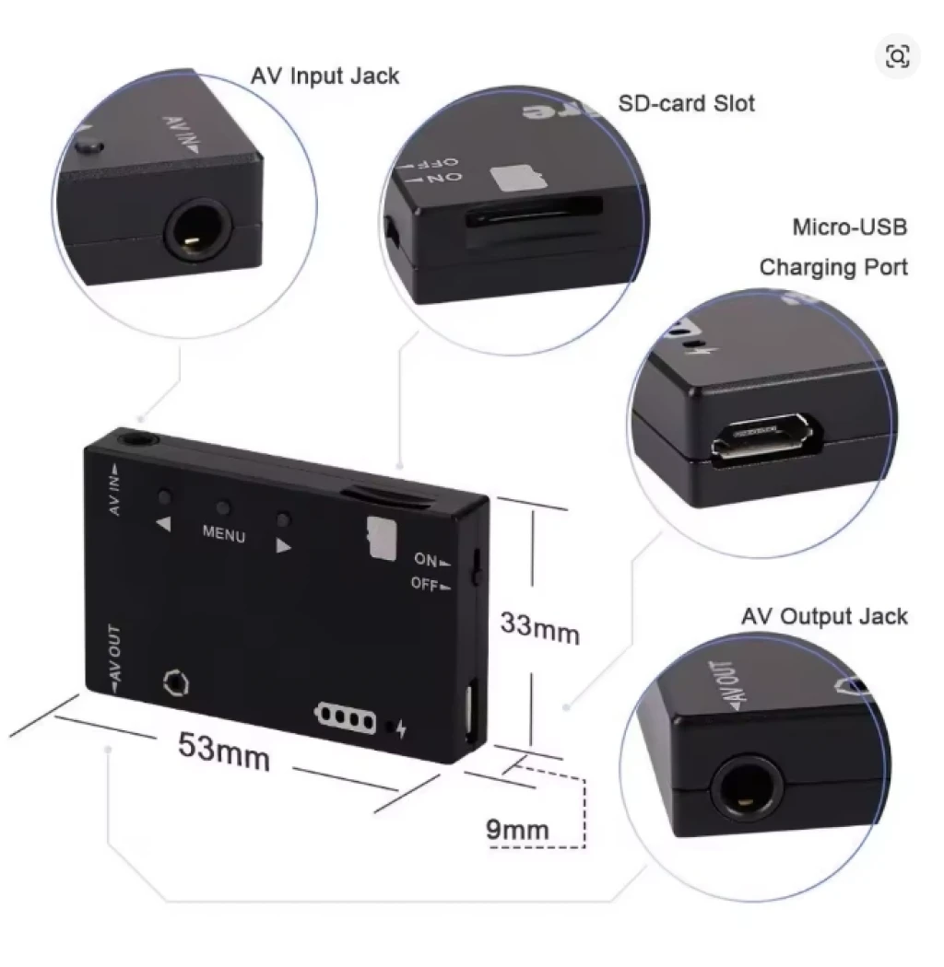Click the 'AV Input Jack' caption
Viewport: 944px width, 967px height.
(325, 76)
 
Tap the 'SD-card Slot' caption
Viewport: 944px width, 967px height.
(686, 103)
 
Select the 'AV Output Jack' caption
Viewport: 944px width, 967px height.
(824, 616)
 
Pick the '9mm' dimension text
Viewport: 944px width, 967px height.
(517, 830)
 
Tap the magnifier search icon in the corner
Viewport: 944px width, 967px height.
(897, 56)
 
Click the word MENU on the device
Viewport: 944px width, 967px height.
(224, 533)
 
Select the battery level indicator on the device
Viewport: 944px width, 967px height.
(347, 717)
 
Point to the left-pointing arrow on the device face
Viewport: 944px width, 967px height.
(163, 524)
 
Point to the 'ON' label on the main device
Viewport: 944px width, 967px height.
(426, 559)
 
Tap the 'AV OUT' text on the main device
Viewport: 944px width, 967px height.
(114, 658)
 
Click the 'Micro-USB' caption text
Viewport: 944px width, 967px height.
(849, 227)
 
